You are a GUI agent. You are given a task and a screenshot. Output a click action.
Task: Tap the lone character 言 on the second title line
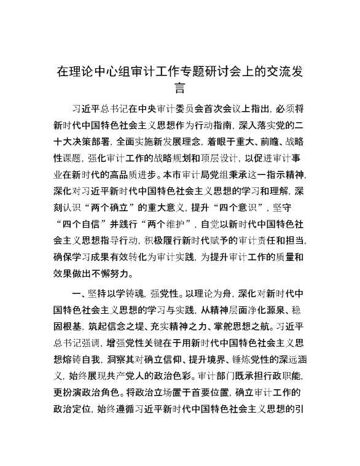point(180,89)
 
